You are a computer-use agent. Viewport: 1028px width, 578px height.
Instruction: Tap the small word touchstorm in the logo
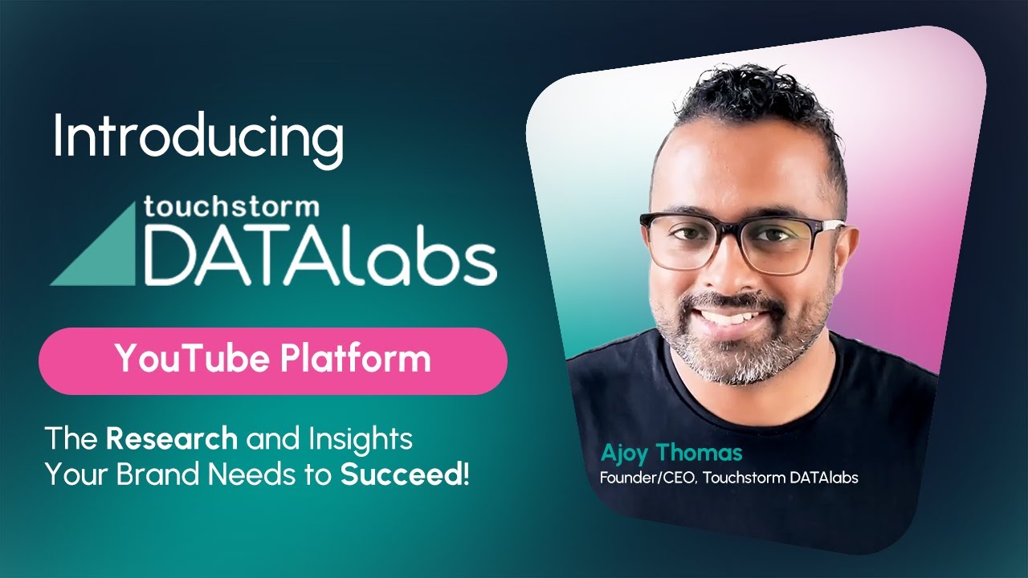[x=231, y=208]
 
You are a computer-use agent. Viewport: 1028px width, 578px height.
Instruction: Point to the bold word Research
[x=172, y=439]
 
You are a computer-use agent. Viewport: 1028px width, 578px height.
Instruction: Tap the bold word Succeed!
[x=405, y=474]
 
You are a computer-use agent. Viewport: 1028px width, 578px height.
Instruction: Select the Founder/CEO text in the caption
[x=639, y=478]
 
